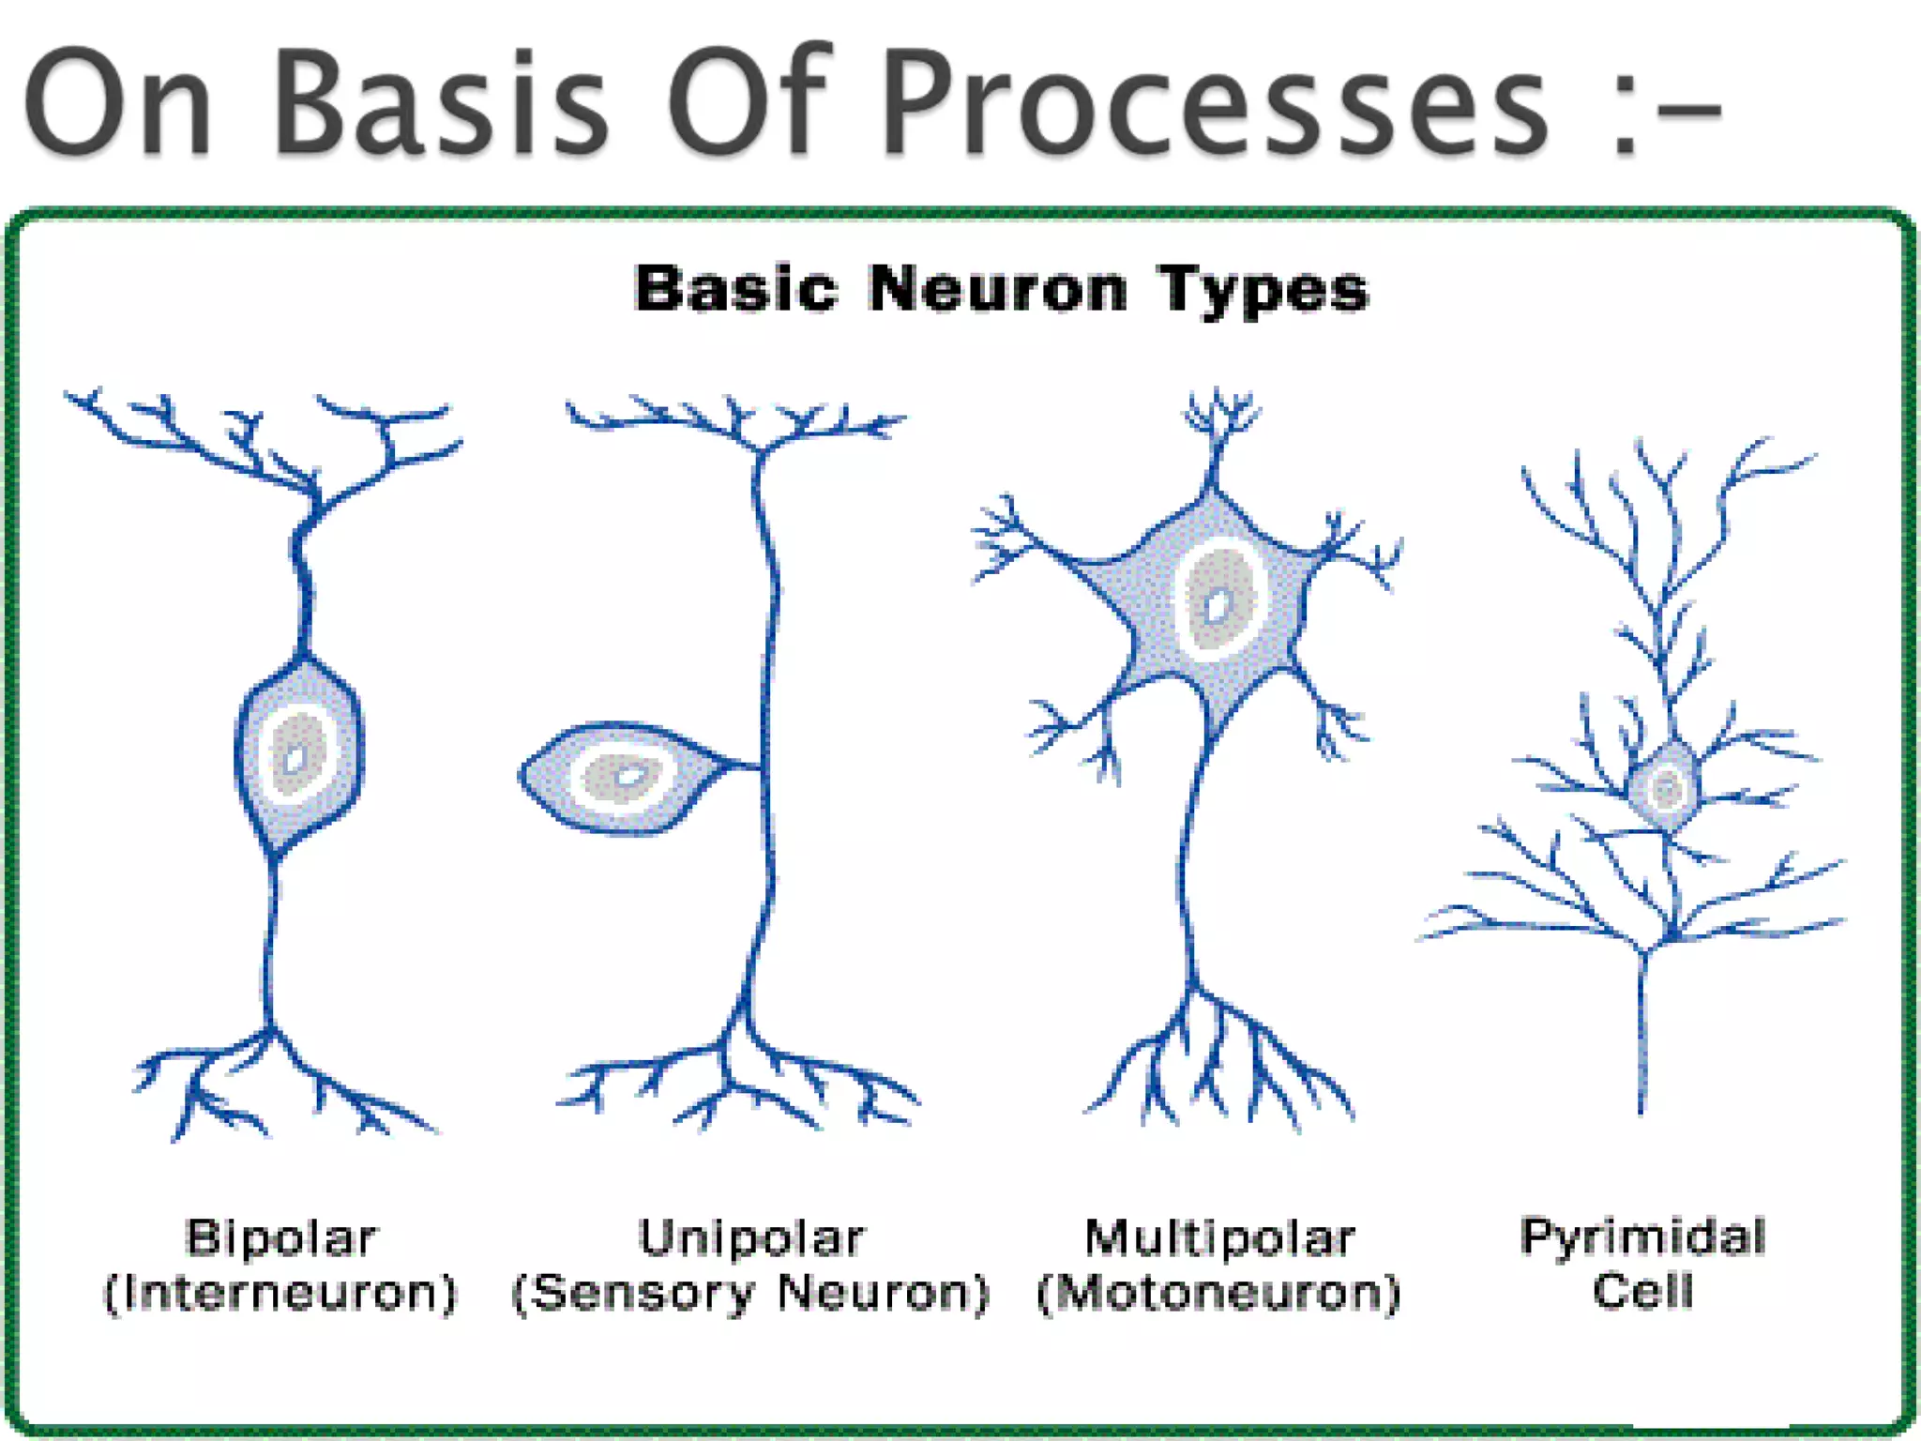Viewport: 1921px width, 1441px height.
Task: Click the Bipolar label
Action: tap(281, 1237)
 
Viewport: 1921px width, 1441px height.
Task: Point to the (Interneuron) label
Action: tap(280, 1293)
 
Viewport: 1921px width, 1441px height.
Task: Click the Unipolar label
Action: tap(751, 1237)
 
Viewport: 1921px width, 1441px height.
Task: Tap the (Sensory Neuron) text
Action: tap(751, 1293)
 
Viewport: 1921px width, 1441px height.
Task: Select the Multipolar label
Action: tap(1220, 1237)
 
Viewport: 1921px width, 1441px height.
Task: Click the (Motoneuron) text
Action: tap(1219, 1293)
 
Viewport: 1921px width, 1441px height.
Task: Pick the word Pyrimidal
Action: tap(1643, 1236)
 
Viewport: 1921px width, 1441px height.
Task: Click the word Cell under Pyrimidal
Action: tap(1643, 1290)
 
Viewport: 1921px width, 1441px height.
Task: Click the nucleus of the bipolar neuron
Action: tap(297, 755)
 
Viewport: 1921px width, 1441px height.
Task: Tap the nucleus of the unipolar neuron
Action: tap(623, 777)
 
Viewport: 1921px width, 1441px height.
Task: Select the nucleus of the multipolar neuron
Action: tap(1218, 601)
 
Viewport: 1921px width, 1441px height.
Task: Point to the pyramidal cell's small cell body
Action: tap(1665, 786)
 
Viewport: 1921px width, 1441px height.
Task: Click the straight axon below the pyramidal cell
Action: tap(1642, 1032)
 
